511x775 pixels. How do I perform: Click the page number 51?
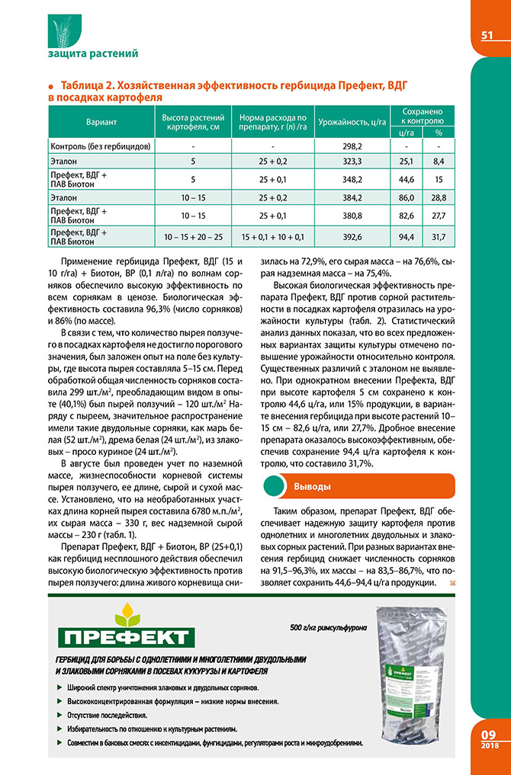point(488,36)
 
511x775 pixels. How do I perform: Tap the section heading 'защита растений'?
point(92,53)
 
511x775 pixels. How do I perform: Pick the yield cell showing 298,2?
point(352,145)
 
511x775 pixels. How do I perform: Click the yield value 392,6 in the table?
point(352,236)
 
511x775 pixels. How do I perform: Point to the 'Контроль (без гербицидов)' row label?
point(100,145)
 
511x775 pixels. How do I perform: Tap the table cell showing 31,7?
point(439,236)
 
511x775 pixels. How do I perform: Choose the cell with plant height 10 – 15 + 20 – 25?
point(194,236)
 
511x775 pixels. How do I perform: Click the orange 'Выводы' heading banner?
point(358,485)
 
